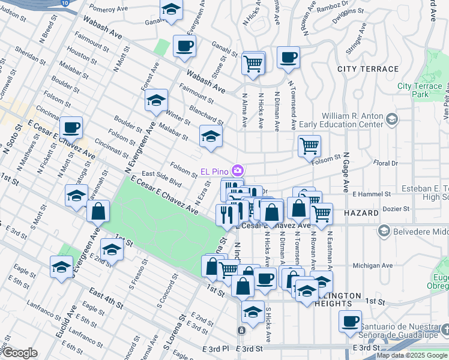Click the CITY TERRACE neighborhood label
click(368, 69)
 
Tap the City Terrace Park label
click(420, 90)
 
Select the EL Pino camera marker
click(238, 171)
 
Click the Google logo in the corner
click(19, 353)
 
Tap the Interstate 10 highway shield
click(64, 3)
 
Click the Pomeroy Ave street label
click(109, 10)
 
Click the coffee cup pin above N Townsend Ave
click(288, 58)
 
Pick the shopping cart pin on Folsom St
click(309, 145)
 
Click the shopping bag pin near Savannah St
click(98, 211)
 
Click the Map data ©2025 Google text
click(412, 355)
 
